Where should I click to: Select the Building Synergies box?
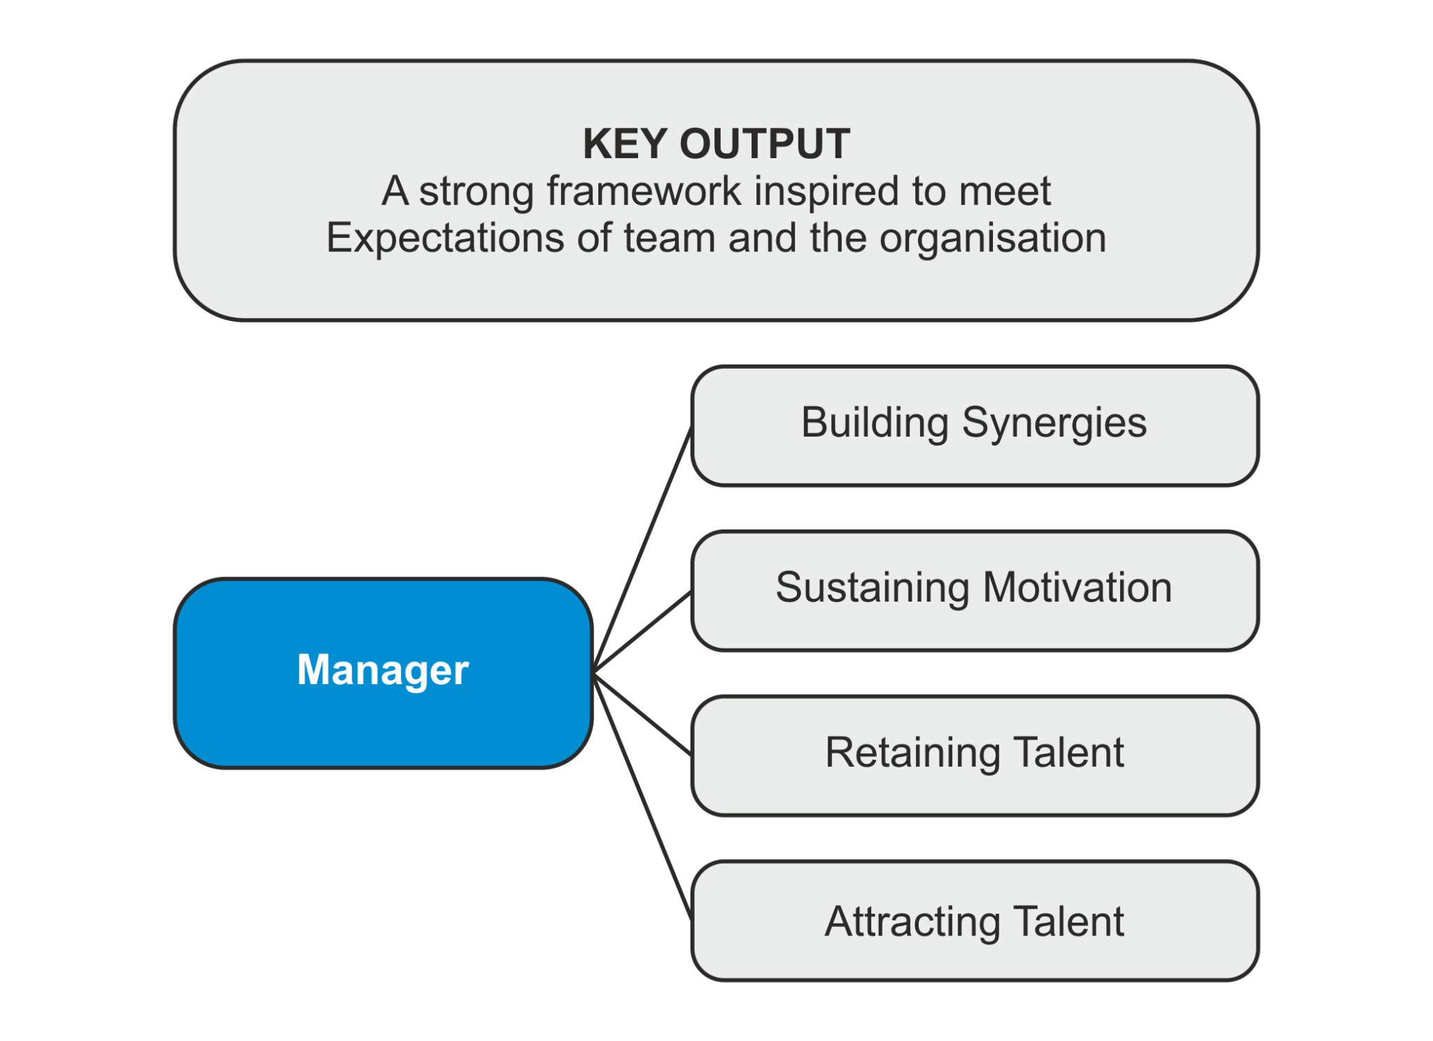point(974,425)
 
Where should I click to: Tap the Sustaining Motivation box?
point(974,590)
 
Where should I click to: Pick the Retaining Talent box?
point(974,755)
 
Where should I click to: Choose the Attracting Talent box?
point(974,921)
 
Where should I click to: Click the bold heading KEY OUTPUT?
point(716,144)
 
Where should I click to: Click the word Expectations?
point(445,238)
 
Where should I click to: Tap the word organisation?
point(993,238)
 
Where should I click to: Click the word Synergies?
point(1054,423)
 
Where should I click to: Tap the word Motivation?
point(1077,588)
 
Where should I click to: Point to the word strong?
point(477,192)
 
